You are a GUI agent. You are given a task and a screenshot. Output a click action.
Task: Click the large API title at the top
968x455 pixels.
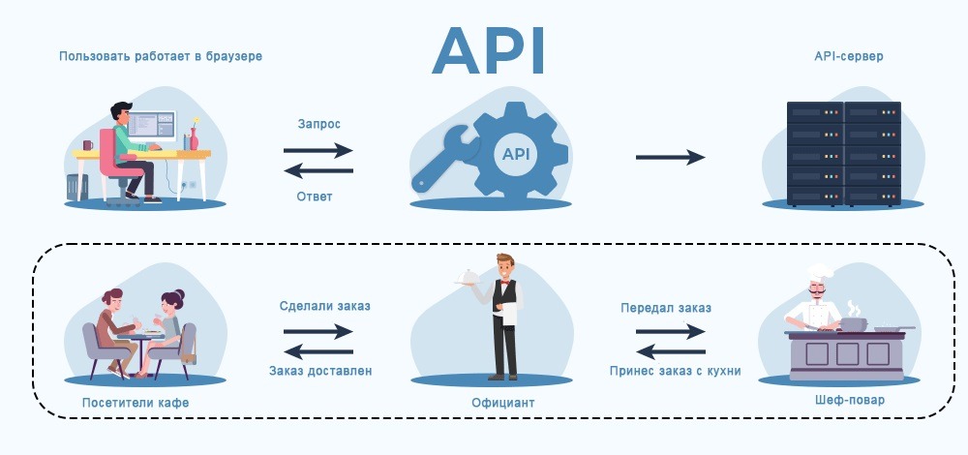pos(489,50)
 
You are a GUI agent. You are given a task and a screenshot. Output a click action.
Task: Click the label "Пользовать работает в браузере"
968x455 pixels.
pos(161,56)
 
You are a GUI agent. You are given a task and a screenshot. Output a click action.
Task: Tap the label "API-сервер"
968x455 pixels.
pos(849,56)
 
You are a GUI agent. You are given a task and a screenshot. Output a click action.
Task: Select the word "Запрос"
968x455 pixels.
pos(318,125)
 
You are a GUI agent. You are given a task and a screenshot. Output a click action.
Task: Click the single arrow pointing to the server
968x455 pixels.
pos(670,157)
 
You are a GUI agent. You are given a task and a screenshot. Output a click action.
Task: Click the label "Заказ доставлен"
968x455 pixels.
pos(319,370)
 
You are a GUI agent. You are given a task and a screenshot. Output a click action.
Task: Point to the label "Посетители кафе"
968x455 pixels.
pos(136,402)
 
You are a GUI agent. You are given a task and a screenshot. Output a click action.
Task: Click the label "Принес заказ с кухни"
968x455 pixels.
pos(675,370)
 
